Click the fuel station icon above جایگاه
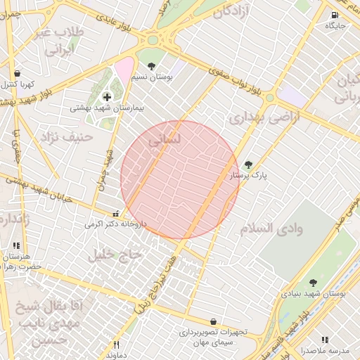(333, 15)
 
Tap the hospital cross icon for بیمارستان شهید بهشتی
(107, 97)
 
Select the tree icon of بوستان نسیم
(151, 66)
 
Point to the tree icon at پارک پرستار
(247, 165)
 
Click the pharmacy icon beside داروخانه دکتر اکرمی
(116, 214)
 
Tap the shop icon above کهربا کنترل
(17, 73)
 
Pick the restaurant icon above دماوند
(117, 345)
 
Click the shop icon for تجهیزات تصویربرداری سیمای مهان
(213, 321)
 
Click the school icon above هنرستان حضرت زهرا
(16, 247)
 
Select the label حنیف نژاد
(66, 135)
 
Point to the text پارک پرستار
(253, 177)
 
